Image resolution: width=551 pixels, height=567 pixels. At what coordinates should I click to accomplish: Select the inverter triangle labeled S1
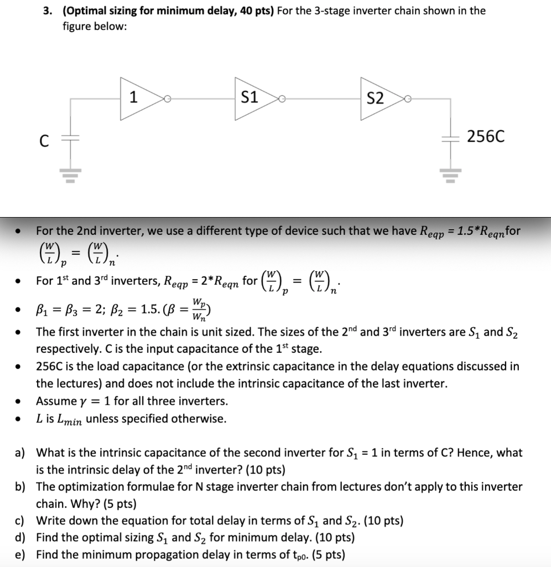tap(252, 99)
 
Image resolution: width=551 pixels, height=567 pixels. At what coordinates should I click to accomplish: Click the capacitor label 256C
tap(486, 136)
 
